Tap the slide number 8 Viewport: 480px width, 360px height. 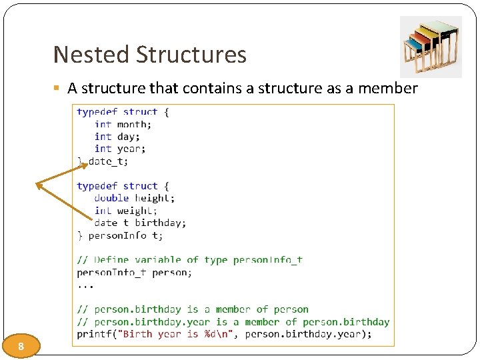point(21,346)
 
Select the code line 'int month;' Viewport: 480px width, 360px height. point(123,124)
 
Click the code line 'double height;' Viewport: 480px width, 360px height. point(135,198)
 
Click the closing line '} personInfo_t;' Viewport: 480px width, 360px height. point(120,235)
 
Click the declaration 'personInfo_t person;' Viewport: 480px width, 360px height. point(134,272)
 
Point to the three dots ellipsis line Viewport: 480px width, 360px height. point(85,285)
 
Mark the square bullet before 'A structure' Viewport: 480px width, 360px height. point(59,89)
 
